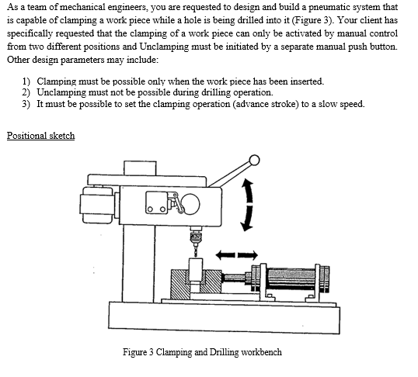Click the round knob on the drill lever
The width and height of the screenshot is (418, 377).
(x=254, y=161)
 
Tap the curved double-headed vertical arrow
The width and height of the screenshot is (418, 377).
(x=249, y=205)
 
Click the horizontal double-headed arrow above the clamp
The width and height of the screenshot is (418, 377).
(x=236, y=255)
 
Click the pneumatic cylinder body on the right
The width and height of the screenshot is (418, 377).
(x=291, y=279)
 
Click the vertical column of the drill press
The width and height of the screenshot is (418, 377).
(x=138, y=264)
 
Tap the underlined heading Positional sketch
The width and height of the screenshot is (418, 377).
(x=40, y=136)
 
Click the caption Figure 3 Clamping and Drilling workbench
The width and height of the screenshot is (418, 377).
(x=202, y=352)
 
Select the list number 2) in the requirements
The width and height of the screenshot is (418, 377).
(x=26, y=92)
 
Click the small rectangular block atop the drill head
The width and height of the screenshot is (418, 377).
(x=140, y=168)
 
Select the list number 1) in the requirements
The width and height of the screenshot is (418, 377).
(x=26, y=81)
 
